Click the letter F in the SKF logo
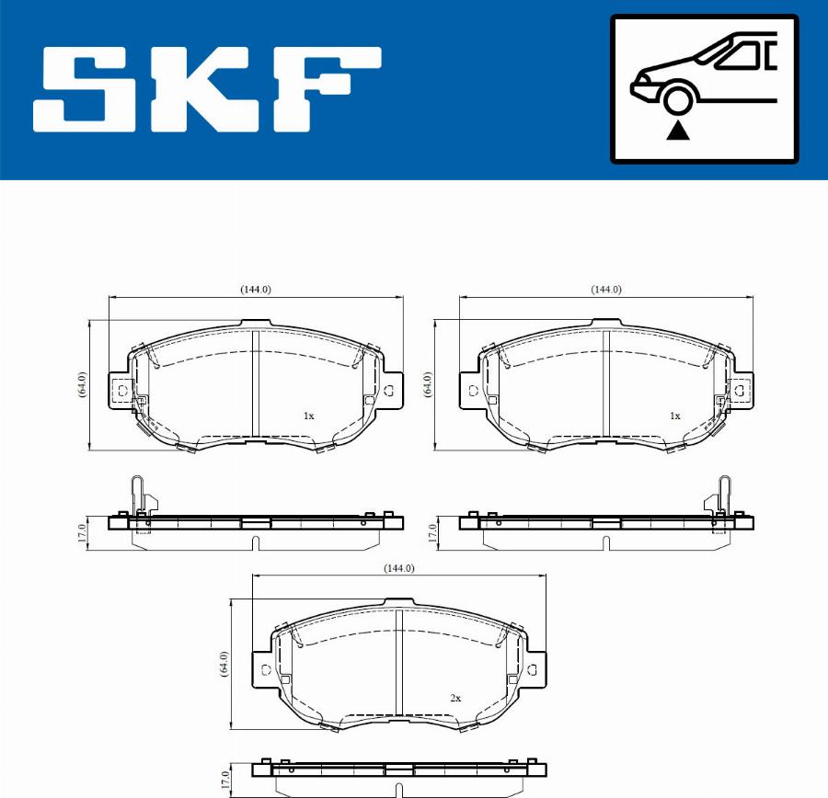(322, 89)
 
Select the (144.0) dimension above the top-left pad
(256, 289)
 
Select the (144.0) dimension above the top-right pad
(605, 289)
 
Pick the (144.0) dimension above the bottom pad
(398, 568)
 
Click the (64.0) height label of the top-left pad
(82, 384)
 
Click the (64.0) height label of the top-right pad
(428, 384)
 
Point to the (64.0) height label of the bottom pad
(224, 664)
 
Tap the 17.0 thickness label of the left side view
(82, 531)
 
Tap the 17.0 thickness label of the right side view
(431, 531)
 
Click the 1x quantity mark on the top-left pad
(309, 416)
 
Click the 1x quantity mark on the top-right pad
(674, 416)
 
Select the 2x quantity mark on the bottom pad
(454, 698)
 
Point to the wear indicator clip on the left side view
(137, 496)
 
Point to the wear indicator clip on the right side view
(723, 496)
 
